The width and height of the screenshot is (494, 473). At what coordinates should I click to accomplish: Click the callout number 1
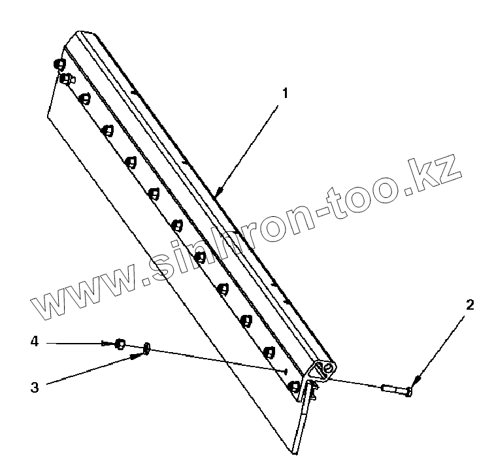tap(284, 93)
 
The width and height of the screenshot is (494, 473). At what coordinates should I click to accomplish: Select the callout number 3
tap(34, 387)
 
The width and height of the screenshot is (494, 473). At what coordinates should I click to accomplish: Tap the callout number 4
tap(34, 341)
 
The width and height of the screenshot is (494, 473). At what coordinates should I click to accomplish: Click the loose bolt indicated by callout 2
tap(395, 390)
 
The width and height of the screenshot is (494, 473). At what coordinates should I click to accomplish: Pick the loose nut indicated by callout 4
tap(120, 344)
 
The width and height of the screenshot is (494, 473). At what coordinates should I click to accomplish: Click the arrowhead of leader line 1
tap(216, 194)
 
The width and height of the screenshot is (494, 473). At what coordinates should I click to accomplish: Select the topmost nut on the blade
tap(59, 64)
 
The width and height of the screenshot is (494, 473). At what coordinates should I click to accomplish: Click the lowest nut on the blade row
tap(294, 385)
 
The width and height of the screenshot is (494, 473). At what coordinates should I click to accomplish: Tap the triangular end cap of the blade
tap(324, 370)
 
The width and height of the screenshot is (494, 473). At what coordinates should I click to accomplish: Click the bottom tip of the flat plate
tap(294, 453)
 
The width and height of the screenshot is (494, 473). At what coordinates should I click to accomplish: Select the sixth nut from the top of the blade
tap(154, 193)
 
